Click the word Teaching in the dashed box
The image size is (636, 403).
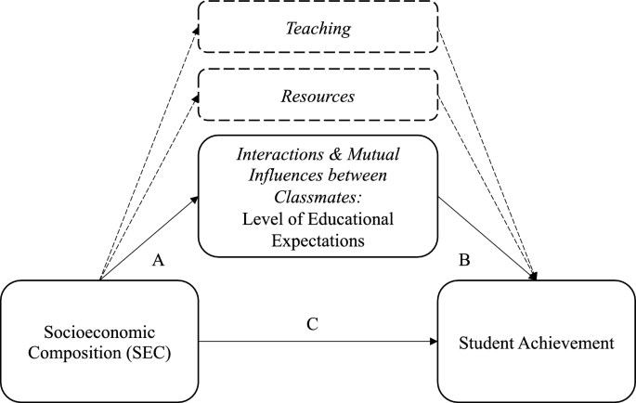(318, 29)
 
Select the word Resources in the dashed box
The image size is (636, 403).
(318, 96)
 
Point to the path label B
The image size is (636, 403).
(463, 263)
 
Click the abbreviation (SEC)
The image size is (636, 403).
(148, 354)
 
